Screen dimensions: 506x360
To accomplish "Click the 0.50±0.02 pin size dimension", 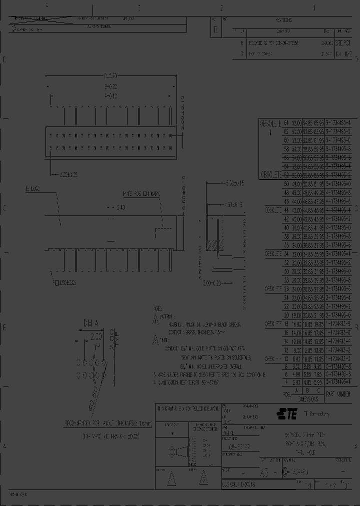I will point(65,283).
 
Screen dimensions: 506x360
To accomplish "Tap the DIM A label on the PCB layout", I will point(90,323).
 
